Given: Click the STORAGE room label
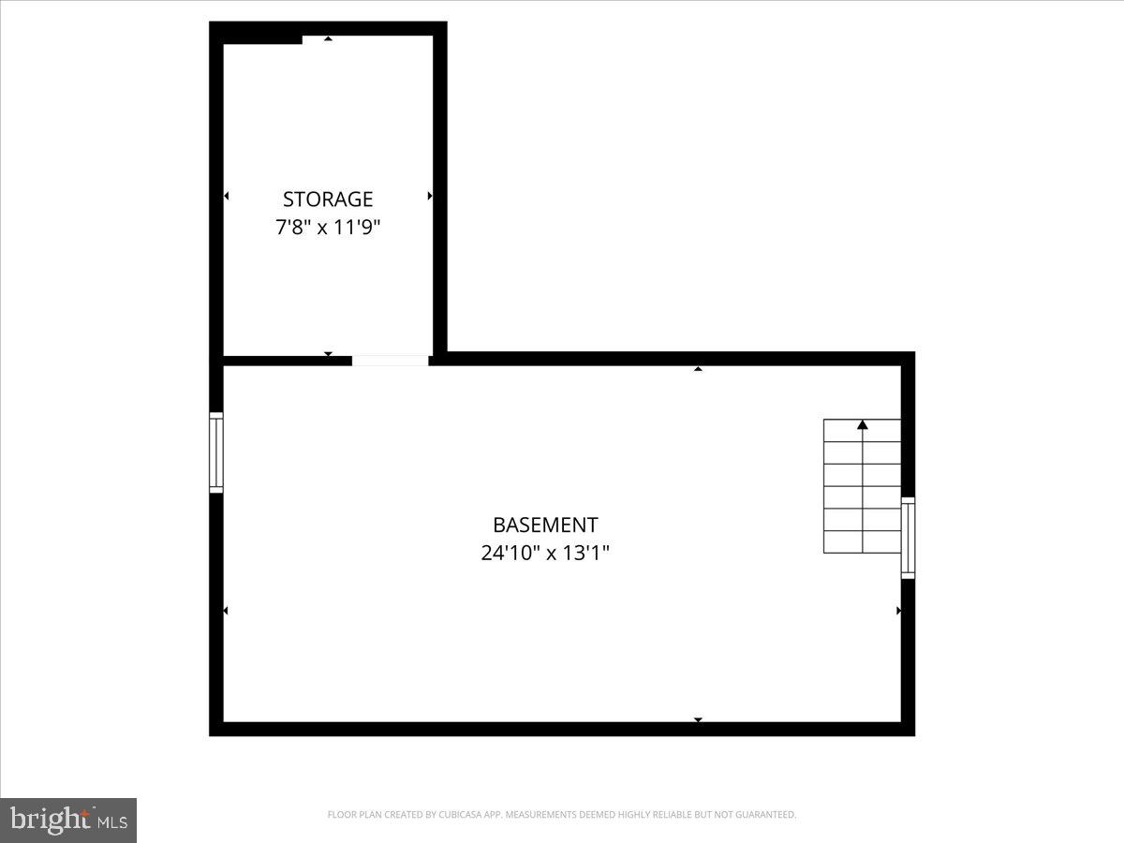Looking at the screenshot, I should (328, 199).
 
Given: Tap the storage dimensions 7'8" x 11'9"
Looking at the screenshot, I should (328, 227).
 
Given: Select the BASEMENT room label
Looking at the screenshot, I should (545, 525).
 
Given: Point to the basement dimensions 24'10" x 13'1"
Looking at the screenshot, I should (545, 553).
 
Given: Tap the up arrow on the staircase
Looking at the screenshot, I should (863, 425).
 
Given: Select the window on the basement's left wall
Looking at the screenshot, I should (216, 452).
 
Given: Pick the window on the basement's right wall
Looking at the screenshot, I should (908, 538).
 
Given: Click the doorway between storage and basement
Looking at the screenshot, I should (390, 360).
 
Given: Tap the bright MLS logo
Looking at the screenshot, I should (68, 820).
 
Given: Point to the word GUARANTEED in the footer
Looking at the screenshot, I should (767, 815).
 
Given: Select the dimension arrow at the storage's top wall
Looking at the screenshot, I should (328, 38).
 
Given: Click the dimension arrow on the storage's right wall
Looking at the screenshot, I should (430, 196).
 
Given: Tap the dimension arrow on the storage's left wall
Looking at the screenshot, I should (226, 196).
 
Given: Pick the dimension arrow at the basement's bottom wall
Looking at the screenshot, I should (698, 719).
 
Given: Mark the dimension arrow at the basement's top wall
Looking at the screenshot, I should (698, 369).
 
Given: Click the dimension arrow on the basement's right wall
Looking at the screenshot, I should (899, 611).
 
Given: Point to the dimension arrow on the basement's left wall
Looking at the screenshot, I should (226, 611).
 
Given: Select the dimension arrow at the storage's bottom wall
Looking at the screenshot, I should (328, 353).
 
